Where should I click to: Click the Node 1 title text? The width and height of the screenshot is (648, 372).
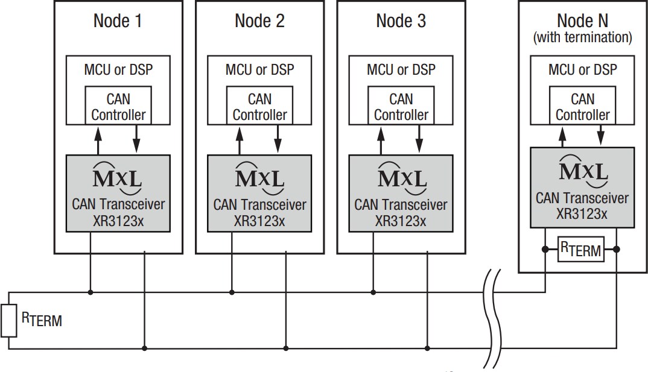coord(118,21)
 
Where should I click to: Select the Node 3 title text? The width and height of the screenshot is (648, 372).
coord(401,21)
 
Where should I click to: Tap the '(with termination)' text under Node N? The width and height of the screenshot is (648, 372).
coord(582,37)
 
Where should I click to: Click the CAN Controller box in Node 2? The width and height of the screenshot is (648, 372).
coord(259,106)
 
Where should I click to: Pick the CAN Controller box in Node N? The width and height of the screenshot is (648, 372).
coord(582,106)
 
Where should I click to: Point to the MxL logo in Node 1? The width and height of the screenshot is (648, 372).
coord(118,176)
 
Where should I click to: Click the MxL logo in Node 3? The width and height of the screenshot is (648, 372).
coord(401,176)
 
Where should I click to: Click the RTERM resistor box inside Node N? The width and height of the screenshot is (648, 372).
coord(580,249)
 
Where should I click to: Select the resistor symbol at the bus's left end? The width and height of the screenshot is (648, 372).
coord(8,321)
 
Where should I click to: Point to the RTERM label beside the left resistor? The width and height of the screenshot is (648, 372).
coord(42,318)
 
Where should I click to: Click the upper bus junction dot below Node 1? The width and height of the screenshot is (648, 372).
coord(91,292)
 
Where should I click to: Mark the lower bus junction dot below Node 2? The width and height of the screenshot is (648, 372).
coord(286,348)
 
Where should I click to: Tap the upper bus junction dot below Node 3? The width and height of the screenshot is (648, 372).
coord(373,292)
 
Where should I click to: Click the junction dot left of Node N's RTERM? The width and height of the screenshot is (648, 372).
coord(545,248)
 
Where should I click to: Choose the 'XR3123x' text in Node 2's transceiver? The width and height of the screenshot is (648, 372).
coord(259,221)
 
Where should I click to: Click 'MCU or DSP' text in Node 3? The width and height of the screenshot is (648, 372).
coord(401,69)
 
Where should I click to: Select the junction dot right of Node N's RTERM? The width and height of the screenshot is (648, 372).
coord(617,248)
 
